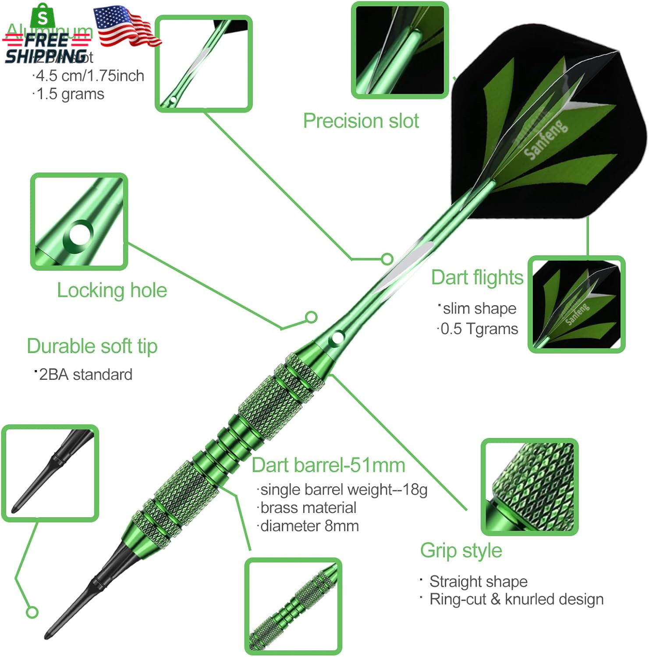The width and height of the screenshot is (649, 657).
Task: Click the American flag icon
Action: click(x=128, y=26)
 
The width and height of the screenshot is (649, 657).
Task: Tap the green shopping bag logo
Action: click(x=43, y=16)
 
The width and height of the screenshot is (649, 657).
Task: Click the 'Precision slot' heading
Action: click(x=361, y=121)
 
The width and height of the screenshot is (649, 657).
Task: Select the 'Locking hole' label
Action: click(x=112, y=290)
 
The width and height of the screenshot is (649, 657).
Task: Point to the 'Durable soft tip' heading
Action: click(x=92, y=346)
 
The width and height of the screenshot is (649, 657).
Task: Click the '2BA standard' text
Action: click(x=85, y=374)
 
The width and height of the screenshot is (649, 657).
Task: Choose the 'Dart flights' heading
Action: click(x=477, y=277)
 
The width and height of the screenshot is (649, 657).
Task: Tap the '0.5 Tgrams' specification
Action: click(x=479, y=328)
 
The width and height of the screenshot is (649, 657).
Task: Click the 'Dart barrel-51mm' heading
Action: click(x=328, y=465)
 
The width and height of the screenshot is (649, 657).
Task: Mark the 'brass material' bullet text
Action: click(x=308, y=508)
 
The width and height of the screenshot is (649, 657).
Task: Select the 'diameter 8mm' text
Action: click(x=309, y=526)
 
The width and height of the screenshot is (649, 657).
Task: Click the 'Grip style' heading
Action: click(x=461, y=551)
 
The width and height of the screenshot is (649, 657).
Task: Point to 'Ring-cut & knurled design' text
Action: click(x=516, y=599)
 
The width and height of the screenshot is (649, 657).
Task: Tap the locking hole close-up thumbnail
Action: click(x=79, y=221)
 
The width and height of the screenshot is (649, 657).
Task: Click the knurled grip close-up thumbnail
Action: click(x=530, y=487)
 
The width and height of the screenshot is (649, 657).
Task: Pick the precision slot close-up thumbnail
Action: click(x=400, y=49)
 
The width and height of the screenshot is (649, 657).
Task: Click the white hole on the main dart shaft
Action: click(x=337, y=338)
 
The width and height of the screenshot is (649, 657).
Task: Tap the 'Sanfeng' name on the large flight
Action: click(x=546, y=139)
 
